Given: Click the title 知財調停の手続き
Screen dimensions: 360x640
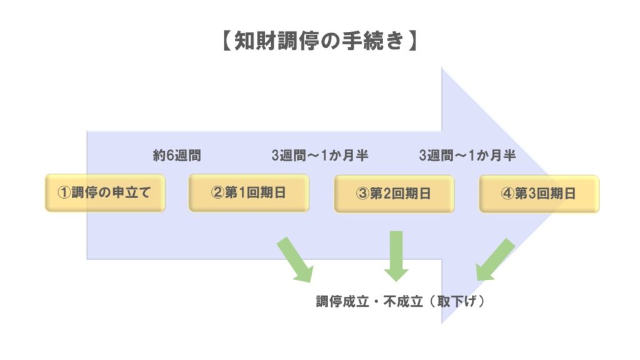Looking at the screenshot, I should (x=319, y=41).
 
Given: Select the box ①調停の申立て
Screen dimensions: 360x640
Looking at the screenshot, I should (x=105, y=193).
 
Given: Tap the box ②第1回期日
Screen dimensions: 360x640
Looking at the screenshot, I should (x=249, y=193).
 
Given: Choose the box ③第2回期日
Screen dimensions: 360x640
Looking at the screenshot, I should (x=394, y=194).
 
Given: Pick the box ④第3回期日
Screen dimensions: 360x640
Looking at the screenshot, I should (x=539, y=194).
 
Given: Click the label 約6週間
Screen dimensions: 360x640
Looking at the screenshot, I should (x=177, y=156).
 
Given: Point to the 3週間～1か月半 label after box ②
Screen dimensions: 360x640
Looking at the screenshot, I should (x=319, y=156).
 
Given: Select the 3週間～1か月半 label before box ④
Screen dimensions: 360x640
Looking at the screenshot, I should (x=467, y=156).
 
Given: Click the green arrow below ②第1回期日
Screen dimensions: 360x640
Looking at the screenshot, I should (x=296, y=258).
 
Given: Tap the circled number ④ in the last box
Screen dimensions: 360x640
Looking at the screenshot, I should (x=507, y=194).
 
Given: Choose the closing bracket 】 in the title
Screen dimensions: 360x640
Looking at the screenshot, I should (x=413, y=41).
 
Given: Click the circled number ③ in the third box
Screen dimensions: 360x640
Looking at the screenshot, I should (x=362, y=194).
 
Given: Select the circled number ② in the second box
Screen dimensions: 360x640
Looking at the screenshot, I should (x=217, y=193).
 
